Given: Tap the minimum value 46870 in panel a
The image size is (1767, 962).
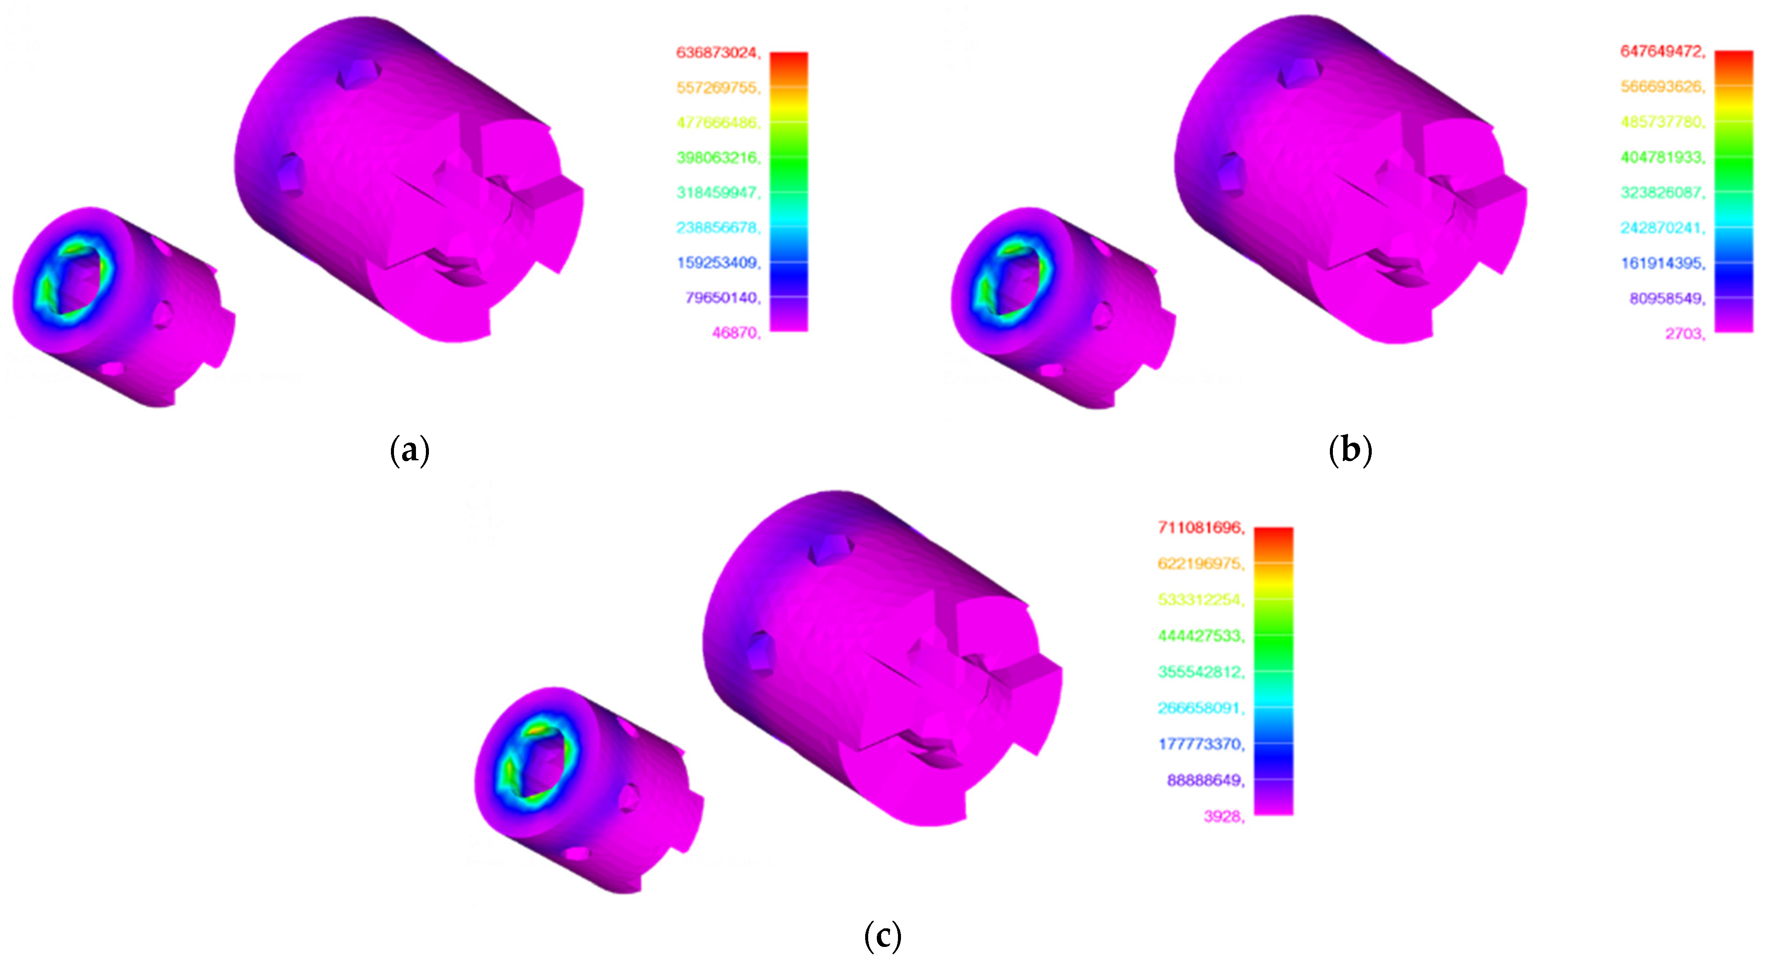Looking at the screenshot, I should point(735,333).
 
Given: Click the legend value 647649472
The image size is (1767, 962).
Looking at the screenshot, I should point(1661,51).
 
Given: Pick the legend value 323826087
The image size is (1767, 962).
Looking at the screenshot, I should point(1661,193).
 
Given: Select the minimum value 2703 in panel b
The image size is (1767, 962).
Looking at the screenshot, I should point(1684,334).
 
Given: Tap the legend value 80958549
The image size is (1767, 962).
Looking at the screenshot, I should point(1666,298).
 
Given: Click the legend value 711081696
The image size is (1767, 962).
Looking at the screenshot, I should point(1200,527).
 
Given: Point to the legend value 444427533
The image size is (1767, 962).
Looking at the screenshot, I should point(1200,635).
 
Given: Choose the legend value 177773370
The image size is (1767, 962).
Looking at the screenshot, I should point(1200,744).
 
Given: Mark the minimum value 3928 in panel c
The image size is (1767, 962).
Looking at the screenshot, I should point(1223,817).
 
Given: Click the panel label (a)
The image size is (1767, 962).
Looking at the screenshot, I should point(409,450).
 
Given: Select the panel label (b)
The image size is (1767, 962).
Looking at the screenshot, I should point(1350,450).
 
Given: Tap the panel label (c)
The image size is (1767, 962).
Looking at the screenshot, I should point(882,936).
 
